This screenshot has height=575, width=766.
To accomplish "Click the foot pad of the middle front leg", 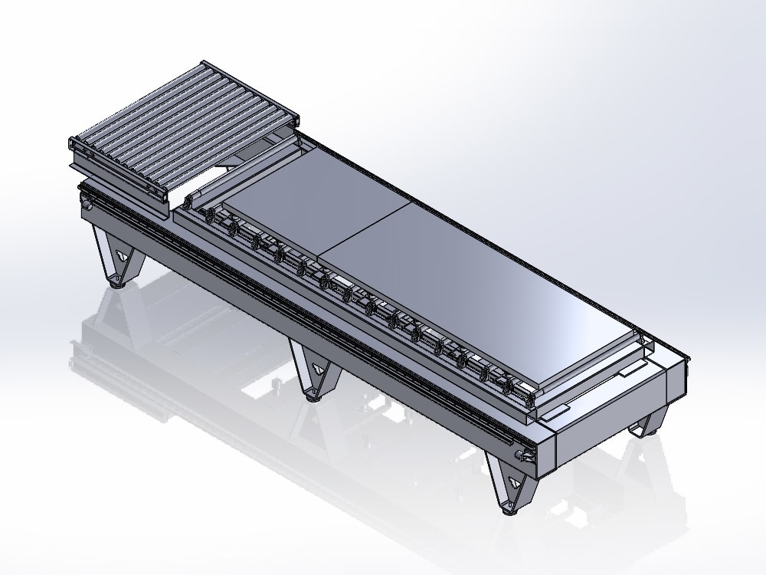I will tap(312, 396).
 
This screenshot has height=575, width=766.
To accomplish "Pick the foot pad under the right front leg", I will tap(507, 508).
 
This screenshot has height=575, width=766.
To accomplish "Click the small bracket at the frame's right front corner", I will tap(525, 456).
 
